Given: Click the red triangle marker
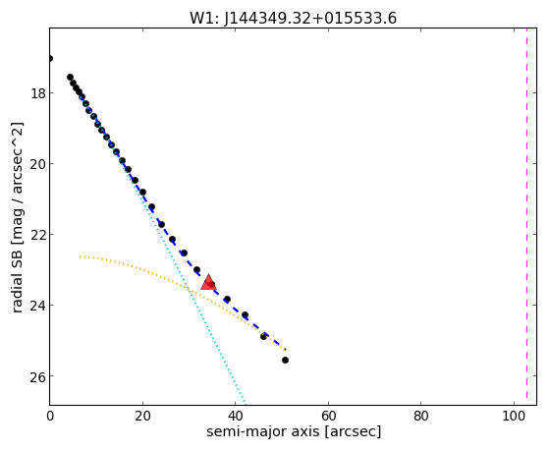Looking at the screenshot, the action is pyautogui.click(x=208, y=282).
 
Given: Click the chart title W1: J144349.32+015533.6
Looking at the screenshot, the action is pyautogui.click(x=293, y=19).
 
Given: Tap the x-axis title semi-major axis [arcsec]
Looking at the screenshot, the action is pyautogui.click(x=294, y=431).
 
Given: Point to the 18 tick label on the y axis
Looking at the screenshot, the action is pyautogui.click(x=36, y=93).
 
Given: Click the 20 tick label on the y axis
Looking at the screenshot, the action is pyautogui.click(x=36, y=164).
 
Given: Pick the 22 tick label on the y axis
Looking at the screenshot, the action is pyautogui.click(x=36, y=235).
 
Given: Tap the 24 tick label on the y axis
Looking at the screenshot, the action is pyautogui.click(x=36, y=306).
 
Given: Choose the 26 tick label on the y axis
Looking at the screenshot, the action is pyautogui.click(x=36, y=376).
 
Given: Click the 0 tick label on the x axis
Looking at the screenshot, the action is pyautogui.click(x=50, y=416).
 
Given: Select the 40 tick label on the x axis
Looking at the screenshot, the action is pyautogui.click(x=236, y=416).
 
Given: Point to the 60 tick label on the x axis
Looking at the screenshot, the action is pyautogui.click(x=328, y=416).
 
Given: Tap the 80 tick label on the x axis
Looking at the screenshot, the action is pyautogui.click(x=421, y=416).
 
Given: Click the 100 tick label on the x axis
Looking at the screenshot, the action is pyautogui.click(x=514, y=416).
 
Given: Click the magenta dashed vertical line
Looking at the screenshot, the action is pyautogui.click(x=526, y=216).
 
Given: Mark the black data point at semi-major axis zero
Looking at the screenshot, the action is pyautogui.click(x=50, y=59).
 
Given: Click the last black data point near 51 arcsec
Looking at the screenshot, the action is pyautogui.click(x=286, y=360).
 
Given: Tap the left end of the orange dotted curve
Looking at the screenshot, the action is pyautogui.click(x=81, y=256).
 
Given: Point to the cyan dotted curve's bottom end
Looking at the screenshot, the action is pyautogui.click(x=246, y=403).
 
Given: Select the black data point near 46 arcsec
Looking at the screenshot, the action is pyautogui.click(x=263, y=336).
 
